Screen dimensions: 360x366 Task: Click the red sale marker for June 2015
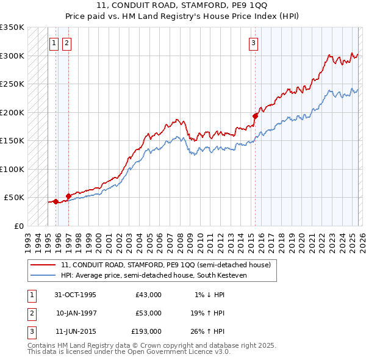255,115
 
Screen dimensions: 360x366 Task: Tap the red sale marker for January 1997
68,196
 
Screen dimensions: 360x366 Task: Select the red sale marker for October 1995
56,201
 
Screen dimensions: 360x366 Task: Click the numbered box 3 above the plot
253,43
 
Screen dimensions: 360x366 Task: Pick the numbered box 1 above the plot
54,43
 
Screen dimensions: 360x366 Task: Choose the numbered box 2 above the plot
66,43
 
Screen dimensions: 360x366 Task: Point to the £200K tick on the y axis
12,112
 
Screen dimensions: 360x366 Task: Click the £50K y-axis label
14,198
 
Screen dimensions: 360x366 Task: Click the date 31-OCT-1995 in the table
75,295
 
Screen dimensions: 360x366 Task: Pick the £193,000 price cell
146,331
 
